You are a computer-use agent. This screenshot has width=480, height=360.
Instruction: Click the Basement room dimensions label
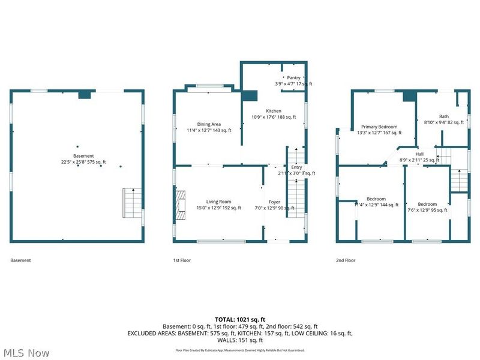[83, 162]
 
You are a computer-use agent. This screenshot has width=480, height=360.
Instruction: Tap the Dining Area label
[208, 124]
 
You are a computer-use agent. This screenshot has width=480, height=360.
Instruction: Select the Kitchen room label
[274, 112]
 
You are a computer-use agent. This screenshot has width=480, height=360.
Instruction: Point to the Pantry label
[293, 78]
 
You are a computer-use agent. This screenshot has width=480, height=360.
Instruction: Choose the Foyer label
[274, 202]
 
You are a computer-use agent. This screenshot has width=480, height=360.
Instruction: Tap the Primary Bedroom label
[379, 127]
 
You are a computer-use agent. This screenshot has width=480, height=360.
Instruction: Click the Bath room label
[444, 116]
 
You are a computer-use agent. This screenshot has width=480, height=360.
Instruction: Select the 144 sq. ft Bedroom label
[376, 199]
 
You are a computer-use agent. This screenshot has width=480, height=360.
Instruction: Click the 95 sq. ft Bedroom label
[427, 204]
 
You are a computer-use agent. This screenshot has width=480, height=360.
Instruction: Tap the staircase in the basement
[131, 203]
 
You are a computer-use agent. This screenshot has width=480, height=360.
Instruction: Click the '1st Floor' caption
[182, 260]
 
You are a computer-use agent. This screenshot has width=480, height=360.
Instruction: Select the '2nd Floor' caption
[346, 260]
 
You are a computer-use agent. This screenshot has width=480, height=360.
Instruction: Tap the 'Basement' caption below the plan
[20, 260]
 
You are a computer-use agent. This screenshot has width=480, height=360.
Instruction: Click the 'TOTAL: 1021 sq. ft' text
[239, 319]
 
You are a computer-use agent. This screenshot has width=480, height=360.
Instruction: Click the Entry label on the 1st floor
[296, 167]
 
